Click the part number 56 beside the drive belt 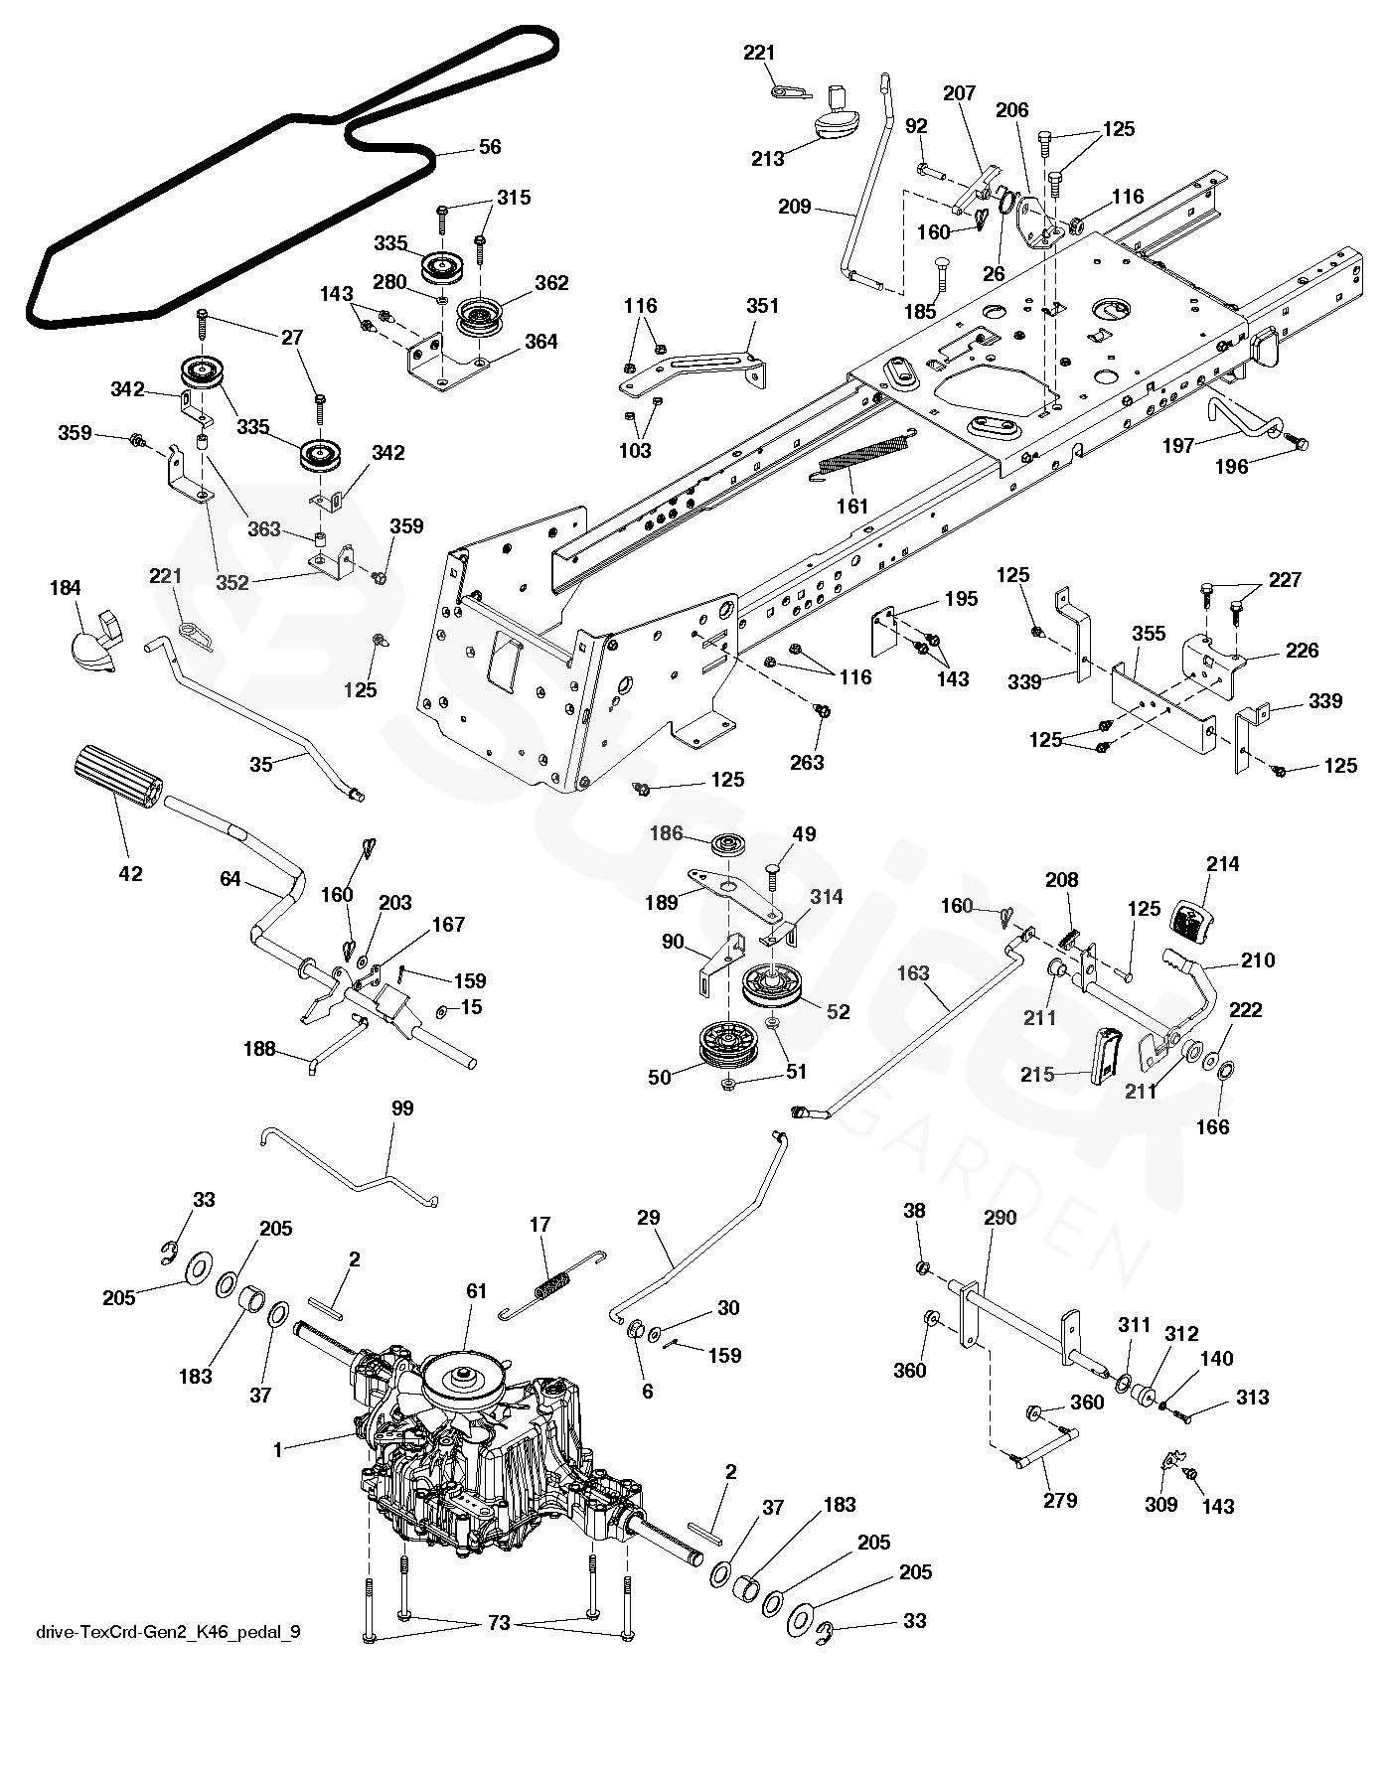(490, 147)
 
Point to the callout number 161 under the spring (852, 506)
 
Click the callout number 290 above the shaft (1000, 1218)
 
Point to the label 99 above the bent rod (402, 1109)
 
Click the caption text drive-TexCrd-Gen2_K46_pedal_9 (168, 1631)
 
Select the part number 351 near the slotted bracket (762, 306)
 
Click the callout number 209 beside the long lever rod (795, 208)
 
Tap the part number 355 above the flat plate (1149, 634)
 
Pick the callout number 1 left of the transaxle (278, 1449)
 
